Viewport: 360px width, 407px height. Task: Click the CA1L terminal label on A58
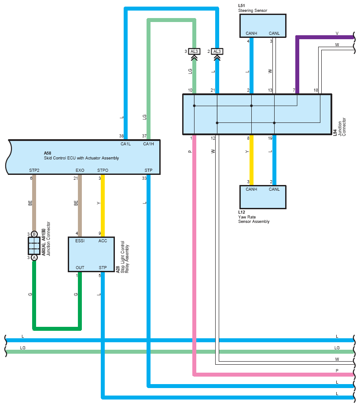[x=125, y=144]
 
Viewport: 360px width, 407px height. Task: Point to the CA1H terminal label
[x=148, y=144]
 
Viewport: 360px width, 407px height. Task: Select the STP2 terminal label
[x=34, y=170]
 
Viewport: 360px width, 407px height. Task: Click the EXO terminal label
[x=80, y=170]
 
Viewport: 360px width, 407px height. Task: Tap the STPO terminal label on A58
[x=103, y=170]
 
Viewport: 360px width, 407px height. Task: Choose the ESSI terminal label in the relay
[x=80, y=241]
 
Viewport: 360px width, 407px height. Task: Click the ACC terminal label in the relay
[x=103, y=241]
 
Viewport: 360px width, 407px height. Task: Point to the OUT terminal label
[x=80, y=268]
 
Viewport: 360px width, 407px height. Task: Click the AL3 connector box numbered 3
[x=194, y=52]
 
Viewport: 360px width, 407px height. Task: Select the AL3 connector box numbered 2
[x=217, y=52]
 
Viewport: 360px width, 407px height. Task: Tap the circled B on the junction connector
[x=34, y=234]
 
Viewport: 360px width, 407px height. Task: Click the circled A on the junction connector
[x=34, y=258]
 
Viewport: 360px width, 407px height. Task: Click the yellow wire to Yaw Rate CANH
[x=251, y=160]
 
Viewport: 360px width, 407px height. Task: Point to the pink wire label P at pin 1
[x=190, y=152]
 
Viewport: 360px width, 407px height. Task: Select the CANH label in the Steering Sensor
[x=251, y=33]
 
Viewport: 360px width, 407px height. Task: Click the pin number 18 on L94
[x=316, y=90]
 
